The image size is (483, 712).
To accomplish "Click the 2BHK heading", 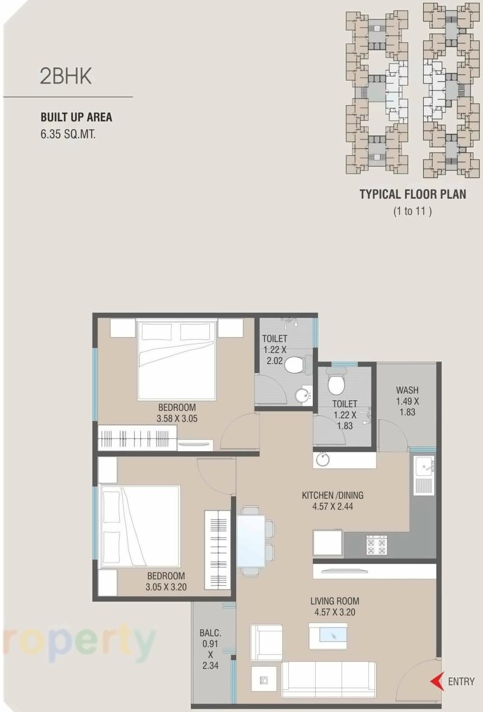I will click(65, 77).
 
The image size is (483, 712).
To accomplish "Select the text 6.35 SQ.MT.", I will click(68, 134).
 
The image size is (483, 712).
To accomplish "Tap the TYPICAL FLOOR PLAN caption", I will click(412, 194).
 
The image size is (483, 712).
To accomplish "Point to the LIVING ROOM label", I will click(333, 601).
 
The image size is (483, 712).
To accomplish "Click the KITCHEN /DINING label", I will click(332, 495).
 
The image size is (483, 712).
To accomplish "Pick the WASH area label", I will click(407, 390).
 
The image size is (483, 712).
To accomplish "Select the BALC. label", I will click(210, 633).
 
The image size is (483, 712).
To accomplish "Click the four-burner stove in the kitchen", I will click(376, 545).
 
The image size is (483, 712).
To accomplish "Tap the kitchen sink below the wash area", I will click(423, 475).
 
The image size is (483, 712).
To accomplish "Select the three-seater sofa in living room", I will click(328, 679).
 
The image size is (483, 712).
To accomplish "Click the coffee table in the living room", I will click(327, 635).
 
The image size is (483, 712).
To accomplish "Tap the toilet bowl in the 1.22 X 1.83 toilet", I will click(336, 384).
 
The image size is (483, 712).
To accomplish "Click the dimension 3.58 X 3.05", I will click(177, 418).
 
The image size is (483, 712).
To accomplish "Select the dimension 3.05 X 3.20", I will click(166, 587).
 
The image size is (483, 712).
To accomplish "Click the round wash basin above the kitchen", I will click(322, 460).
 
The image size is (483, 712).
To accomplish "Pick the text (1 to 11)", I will click(412, 212).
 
